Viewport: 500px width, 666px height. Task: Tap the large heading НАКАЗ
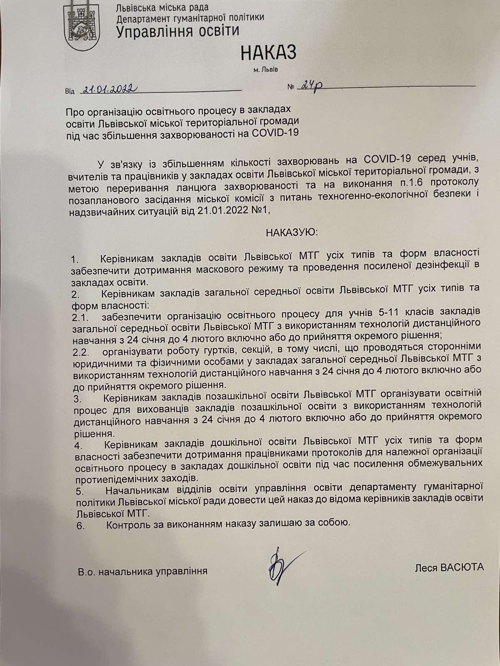coord(268,53)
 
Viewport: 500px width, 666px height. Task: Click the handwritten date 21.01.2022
coord(109,89)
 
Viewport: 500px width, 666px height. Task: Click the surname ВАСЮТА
coord(460,567)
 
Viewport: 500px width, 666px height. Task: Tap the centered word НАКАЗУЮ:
coord(292,232)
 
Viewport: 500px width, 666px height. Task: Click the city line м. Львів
coord(265,70)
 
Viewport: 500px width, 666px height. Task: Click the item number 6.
coord(80,525)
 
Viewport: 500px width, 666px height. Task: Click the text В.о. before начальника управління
coord(87,571)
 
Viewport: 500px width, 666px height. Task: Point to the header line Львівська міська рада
coord(163,7)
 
